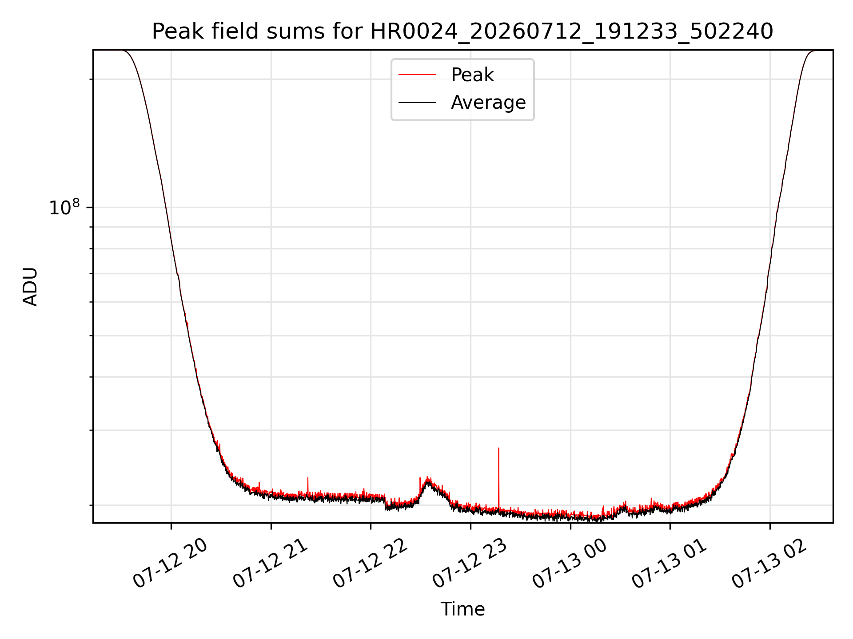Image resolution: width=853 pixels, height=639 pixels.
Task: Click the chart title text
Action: [462, 32]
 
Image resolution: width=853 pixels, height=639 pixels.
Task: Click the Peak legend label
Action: [472, 75]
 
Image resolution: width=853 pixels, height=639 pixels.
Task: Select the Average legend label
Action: [488, 103]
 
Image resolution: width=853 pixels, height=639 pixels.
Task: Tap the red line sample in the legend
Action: [417, 75]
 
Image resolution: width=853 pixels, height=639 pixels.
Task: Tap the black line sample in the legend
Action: [417, 103]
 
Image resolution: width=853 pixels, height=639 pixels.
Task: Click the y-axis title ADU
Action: [30, 287]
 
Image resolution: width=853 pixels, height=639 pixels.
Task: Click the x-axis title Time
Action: [462, 609]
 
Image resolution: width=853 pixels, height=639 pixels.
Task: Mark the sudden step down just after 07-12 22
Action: [385, 503]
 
